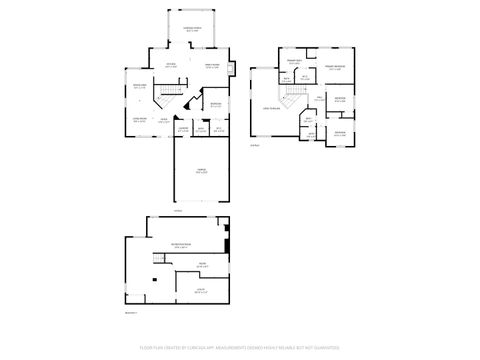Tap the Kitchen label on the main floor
coord(171,66)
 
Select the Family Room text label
coord(211,66)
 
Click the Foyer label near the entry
coord(164,120)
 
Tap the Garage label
coord(201,171)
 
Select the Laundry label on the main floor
coord(183,129)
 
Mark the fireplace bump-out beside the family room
coord(231,69)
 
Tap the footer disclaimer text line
coord(240,349)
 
